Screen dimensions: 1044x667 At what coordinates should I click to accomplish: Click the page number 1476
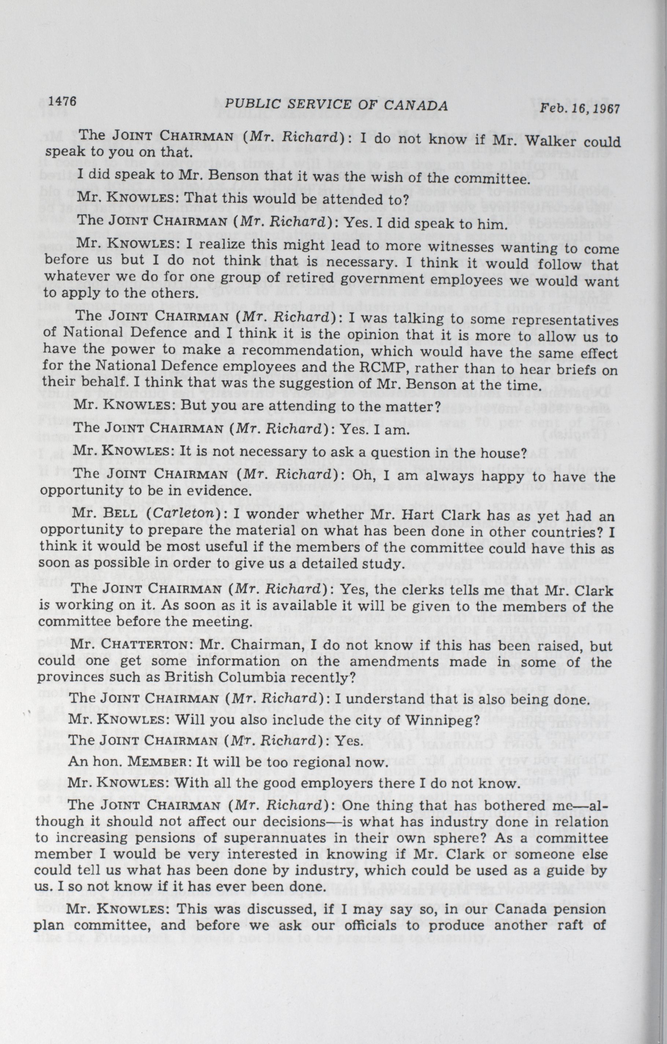[63, 101]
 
